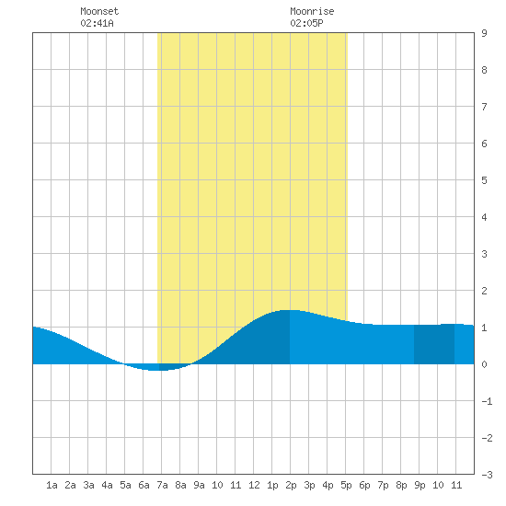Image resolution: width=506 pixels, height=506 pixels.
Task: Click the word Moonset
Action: tap(99, 11)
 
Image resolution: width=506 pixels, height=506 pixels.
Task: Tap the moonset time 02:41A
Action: tap(97, 23)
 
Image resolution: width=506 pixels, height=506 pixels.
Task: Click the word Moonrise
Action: tap(312, 11)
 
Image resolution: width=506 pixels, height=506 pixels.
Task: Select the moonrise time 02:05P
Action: tap(306, 23)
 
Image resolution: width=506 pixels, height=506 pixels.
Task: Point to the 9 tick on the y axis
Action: tap(484, 33)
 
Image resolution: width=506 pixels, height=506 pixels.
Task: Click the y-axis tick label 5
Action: tap(484, 180)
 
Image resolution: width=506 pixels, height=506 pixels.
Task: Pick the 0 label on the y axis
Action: tap(484, 364)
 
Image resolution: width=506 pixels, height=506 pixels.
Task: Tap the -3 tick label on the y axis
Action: tap(487, 475)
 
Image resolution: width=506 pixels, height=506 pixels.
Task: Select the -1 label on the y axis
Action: tap(487, 401)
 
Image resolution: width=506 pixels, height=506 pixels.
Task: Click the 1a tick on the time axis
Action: tap(52, 485)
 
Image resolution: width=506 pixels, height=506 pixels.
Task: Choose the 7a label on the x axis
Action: tap(162, 485)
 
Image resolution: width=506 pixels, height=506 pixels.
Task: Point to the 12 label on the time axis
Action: tap(254, 485)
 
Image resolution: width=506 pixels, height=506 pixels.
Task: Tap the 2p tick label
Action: tap(291, 485)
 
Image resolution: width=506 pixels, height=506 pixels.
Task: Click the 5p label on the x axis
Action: tap(346, 485)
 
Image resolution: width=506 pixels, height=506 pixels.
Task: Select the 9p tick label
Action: tap(420, 485)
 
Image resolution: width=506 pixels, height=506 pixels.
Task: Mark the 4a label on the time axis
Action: tap(107, 485)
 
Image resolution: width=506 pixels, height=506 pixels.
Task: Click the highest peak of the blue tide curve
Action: tap(290, 310)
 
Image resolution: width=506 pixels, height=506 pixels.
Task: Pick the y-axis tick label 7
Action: tap(484, 107)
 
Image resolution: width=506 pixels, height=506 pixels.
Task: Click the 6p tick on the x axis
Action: tap(364, 485)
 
